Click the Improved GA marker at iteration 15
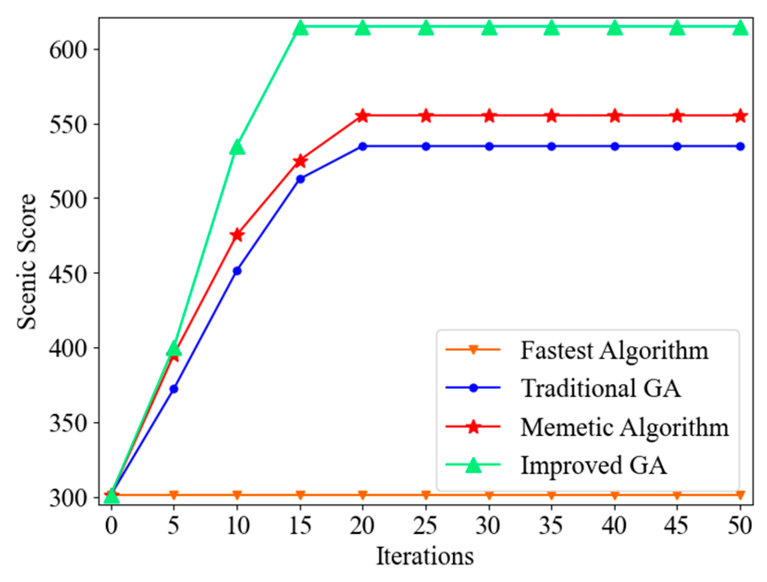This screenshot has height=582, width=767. tap(301, 28)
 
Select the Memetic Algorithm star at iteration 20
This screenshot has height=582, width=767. tap(363, 116)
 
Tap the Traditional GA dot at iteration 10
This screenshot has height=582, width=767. tap(237, 271)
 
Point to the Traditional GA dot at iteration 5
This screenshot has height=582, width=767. tap(174, 389)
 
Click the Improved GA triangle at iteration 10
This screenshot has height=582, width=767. tap(237, 147)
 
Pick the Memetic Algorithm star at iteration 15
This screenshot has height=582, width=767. tap(301, 161)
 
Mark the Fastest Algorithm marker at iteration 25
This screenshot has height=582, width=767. tap(426, 496)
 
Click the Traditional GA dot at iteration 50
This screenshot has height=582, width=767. tap(740, 147)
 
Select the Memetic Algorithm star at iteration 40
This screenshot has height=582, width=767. tap(614, 116)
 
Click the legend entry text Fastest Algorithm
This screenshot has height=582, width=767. tap(614, 350)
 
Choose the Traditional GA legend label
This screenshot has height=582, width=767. tap(601, 388)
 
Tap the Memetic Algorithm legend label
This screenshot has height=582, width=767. tap(625, 427)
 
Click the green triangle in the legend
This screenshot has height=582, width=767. tap(473, 465)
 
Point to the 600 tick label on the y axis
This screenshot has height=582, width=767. tap(68, 49)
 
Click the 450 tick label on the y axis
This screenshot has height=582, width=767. tap(68, 274)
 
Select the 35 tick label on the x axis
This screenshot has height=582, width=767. tap(551, 526)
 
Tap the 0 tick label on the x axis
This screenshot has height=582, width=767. tap(111, 526)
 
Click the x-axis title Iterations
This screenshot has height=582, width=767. tap(425, 556)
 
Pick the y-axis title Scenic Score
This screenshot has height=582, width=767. tap(26, 262)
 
